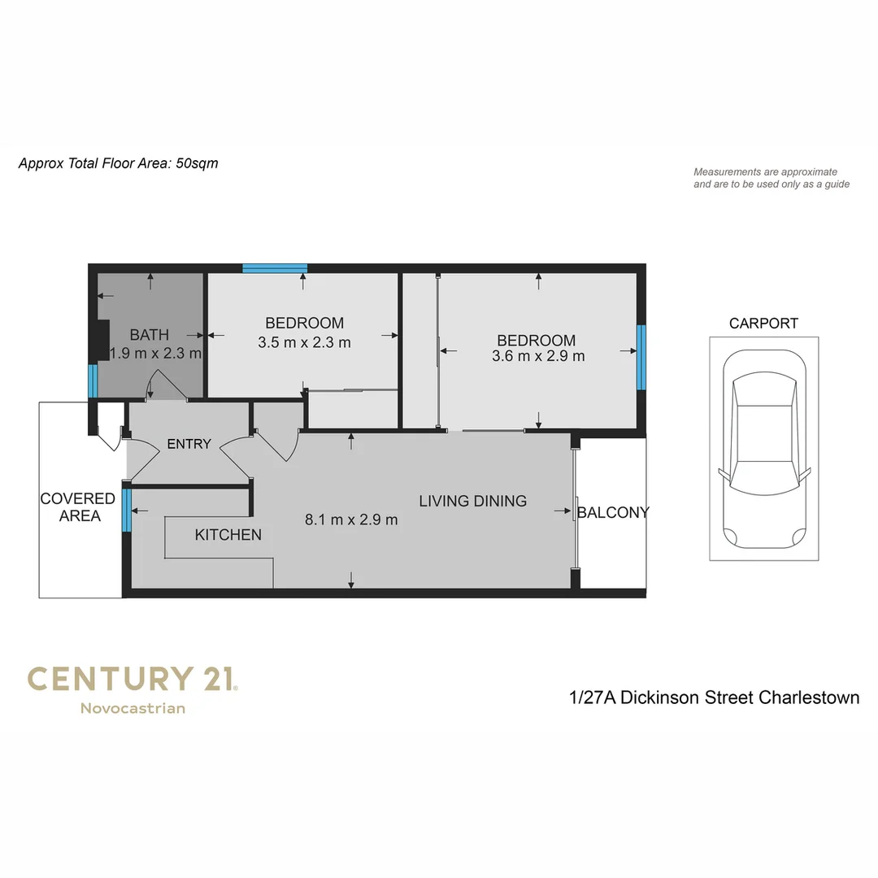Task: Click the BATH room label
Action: [150, 334]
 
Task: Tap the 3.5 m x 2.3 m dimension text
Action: [304, 342]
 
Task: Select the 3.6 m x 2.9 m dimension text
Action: [538, 356]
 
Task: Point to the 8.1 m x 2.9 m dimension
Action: [351, 519]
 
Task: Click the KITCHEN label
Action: [228, 534]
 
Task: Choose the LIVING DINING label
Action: [473, 501]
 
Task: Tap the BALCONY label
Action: [613, 512]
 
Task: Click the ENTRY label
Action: [189, 444]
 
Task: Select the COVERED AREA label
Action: [78, 507]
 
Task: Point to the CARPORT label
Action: [763, 323]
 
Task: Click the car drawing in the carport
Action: [764, 452]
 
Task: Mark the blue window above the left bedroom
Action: [275, 268]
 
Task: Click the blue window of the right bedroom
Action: [641, 356]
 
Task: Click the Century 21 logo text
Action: [132, 678]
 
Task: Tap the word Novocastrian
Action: [133, 708]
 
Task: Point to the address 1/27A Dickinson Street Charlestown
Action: [714, 698]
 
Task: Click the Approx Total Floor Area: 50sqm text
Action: [118, 163]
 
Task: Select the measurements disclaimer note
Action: [771, 178]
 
